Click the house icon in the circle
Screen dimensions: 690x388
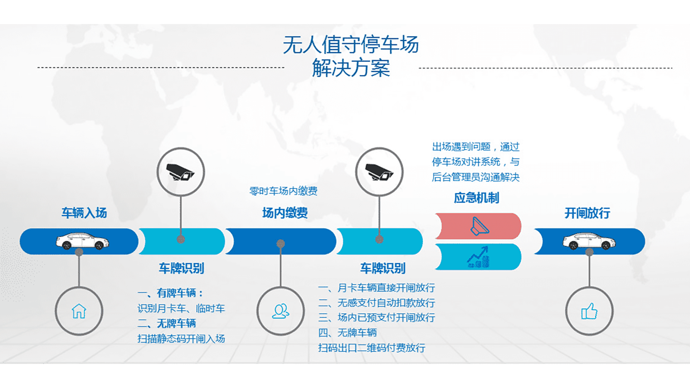pos(79,311)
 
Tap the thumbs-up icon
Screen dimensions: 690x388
pos(589,311)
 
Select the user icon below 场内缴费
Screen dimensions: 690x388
pos(281,311)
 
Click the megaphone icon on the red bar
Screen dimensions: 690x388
pos(480,226)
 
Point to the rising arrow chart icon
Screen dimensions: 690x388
pos(478,257)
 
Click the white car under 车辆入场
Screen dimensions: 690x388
pos(82,241)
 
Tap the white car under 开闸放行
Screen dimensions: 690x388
pos(589,241)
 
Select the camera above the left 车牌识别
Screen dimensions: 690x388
pos(180,172)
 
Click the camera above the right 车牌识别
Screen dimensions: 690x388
pos(379,172)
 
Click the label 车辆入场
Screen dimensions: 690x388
pos(84,213)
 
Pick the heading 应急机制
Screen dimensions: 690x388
pos(477,198)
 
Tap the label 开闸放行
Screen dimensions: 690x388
pos(587,213)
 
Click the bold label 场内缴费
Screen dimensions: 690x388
pos(285,213)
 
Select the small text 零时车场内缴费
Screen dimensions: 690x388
pos(284,191)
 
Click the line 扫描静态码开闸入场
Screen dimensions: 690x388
pos(181,339)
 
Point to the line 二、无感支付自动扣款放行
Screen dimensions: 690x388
pos(377,303)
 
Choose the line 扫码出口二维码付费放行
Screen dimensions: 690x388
pos(372,348)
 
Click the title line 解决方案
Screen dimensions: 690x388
pos(351,68)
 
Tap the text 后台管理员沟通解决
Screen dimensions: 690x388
pos(476,177)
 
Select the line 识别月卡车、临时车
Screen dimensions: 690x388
pos(181,309)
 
